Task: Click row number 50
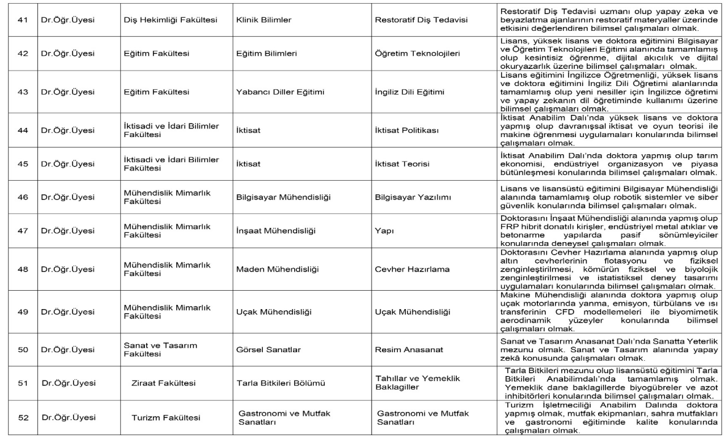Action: (22, 350)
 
